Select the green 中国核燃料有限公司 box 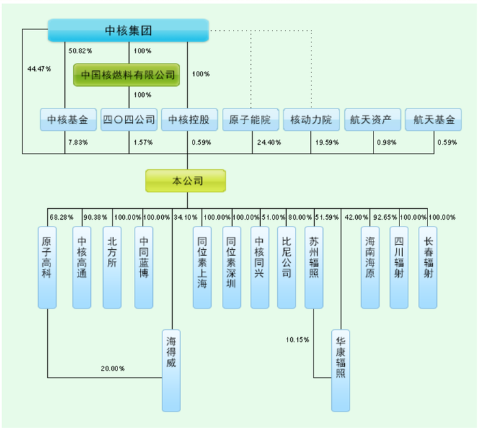tap(127, 75)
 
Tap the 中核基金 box tap(67, 120)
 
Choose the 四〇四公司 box tap(128, 120)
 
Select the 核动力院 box tap(311, 120)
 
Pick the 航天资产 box tap(371, 120)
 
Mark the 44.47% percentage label tap(39, 69)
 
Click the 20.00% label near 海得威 tap(113, 369)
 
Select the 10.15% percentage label tap(298, 339)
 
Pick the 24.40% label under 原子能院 tap(266, 142)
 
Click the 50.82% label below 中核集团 tap(81, 51)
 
